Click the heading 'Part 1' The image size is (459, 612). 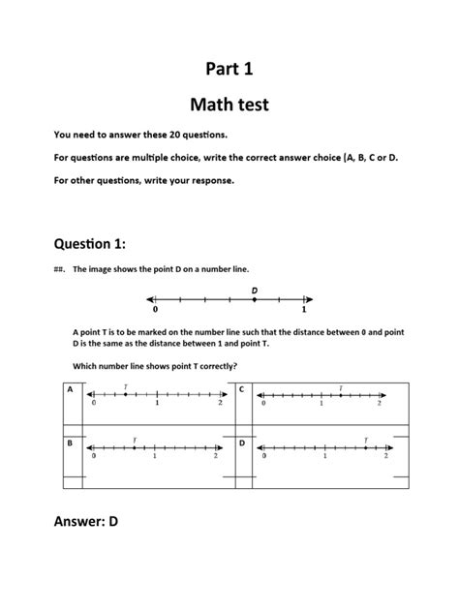pyautogui.click(x=229, y=68)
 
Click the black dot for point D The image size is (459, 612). pyautogui.click(x=255, y=300)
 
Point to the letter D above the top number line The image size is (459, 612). pyautogui.click(x=255, y=290)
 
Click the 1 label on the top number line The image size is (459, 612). pyautogui.click(x=303, y=311)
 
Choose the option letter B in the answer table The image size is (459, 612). pyautogui.click(x=70, y=444)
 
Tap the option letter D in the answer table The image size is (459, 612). pyautogui.click(x=242, y=444)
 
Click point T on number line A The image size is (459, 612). pyautogui.click(x=125, y=395)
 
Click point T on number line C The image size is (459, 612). pyautogui.click(x=340, y=395)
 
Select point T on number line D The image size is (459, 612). pyautogui.click(x=365, y=448)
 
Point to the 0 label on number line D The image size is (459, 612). pyautogui.click(x=264, y=456)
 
